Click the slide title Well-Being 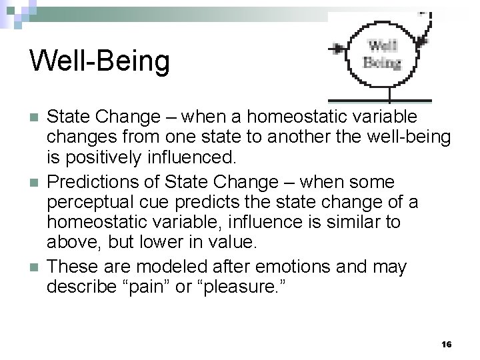[99, 61]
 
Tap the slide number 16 [447, 345]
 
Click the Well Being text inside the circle [382, 55]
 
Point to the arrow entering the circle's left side [338, 48]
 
